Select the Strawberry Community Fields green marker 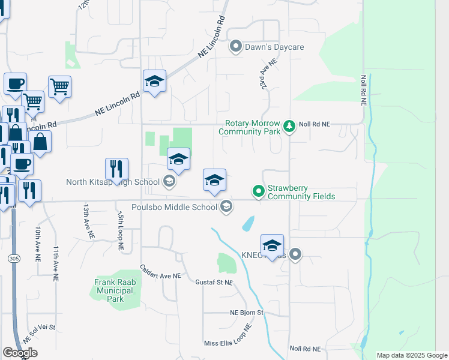click(259, 191)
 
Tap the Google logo click(20, 353)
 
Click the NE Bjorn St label click(247, 313)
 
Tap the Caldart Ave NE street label click(160, 271)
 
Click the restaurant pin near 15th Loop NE click(116, 169)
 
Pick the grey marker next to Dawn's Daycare click(236, 46)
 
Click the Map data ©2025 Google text click(411, 355)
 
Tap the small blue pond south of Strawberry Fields click(247, 224)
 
